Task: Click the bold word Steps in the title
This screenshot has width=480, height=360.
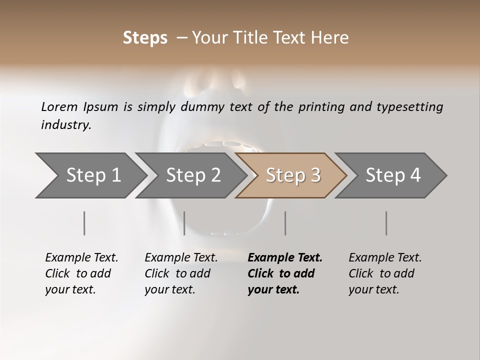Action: [145, 38]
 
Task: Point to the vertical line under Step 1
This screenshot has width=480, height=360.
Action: [84, 223]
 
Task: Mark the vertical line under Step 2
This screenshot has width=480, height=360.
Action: [184, 223]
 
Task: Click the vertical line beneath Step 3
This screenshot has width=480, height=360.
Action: [285, 223]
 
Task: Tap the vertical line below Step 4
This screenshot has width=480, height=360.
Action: [386, 223]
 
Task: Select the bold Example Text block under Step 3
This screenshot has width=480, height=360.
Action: [284, 273]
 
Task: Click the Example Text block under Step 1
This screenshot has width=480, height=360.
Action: [81, 273]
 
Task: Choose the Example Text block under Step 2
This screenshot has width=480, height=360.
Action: [181, 273]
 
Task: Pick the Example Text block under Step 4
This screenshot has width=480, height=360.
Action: [385, 273]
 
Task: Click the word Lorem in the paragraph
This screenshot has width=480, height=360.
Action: [59, 106]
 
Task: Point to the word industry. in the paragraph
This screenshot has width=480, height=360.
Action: [66, 125]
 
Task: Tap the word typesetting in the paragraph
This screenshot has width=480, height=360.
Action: [412, 106]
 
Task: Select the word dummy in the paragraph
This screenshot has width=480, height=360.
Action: [196, 106]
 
